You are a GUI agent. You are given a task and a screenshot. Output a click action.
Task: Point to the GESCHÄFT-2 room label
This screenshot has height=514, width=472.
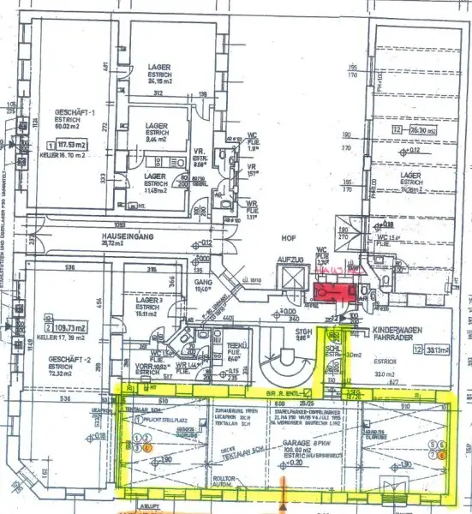coord(63,337)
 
